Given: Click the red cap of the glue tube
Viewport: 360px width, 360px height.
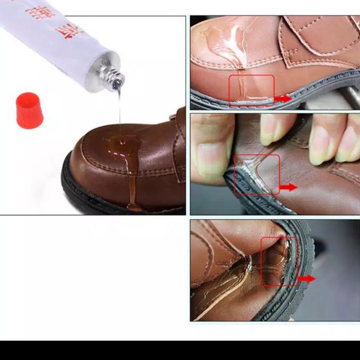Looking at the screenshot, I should click(29, 110).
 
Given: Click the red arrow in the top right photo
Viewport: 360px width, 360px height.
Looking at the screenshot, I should click(283, 98).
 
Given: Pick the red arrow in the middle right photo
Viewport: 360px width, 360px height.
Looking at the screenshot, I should click(289, 187).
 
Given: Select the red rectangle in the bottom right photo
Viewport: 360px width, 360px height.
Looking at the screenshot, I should click(279, 261).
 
